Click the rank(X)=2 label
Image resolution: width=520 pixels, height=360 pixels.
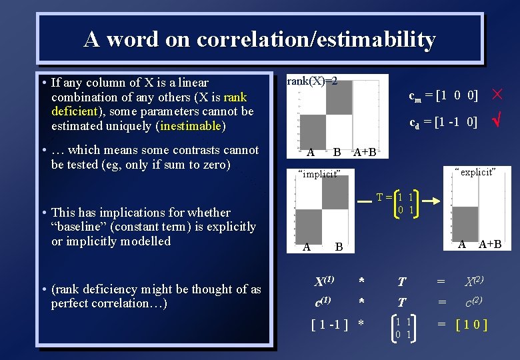(x=312, y=82)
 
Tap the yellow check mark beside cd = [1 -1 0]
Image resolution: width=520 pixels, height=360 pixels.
(x=497, y=121)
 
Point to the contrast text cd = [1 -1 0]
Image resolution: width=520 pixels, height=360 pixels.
(x=443, y=122)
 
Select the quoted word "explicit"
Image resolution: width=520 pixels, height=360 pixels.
(x=475, y=172)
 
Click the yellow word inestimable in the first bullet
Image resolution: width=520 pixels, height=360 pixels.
(x=190, y=125)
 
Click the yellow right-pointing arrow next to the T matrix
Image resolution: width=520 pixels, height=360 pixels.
(x=431, y=199)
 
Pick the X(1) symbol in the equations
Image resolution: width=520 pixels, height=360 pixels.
(x=323, y=281)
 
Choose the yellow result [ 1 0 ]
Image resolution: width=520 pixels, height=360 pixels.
(x=471, y=325)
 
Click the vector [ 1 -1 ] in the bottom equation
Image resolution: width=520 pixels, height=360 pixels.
(x=330, y=325)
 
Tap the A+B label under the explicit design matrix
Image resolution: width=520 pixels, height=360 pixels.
(x=490, y=244)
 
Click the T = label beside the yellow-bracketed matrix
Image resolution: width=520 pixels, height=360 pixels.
(x=384, y=197)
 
